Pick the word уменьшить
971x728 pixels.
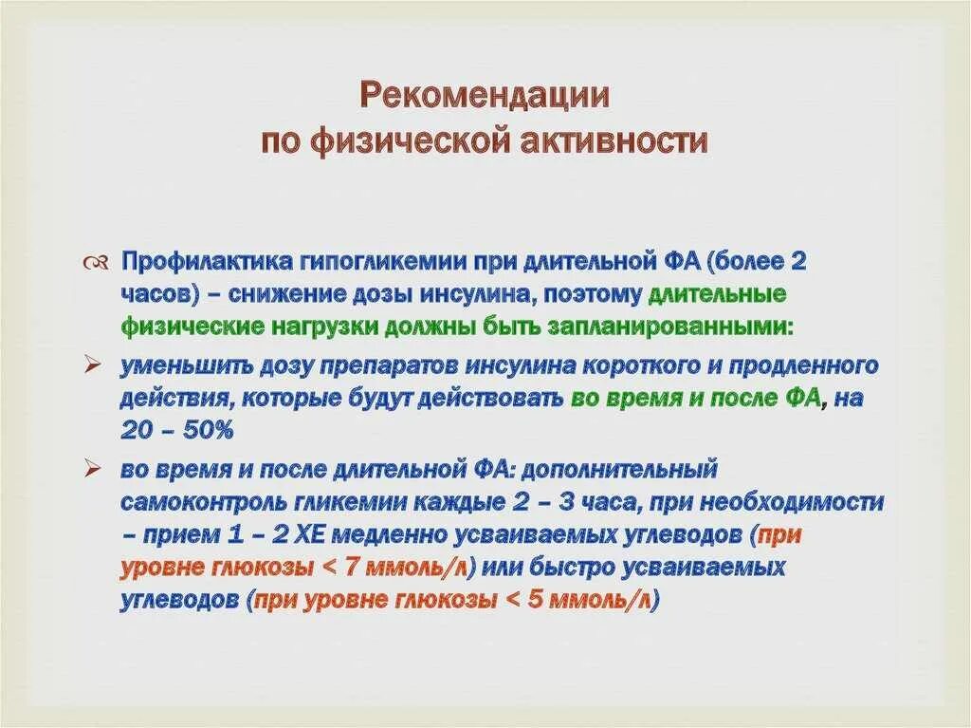(x=186, y=365)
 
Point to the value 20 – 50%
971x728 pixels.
(x=176, y=430)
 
